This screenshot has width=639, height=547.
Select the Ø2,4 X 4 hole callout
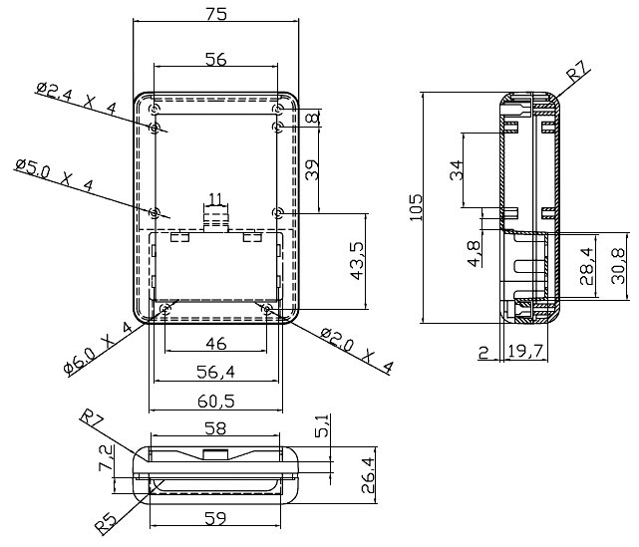point(77,99)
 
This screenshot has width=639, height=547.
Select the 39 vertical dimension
point(312,169)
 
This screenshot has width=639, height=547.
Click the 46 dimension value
point(215,344)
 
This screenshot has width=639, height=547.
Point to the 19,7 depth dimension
point(524,351)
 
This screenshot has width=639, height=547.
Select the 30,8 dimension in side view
point(617,266)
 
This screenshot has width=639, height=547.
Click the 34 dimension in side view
point(456,169)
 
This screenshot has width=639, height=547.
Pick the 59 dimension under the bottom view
point(215,518)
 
